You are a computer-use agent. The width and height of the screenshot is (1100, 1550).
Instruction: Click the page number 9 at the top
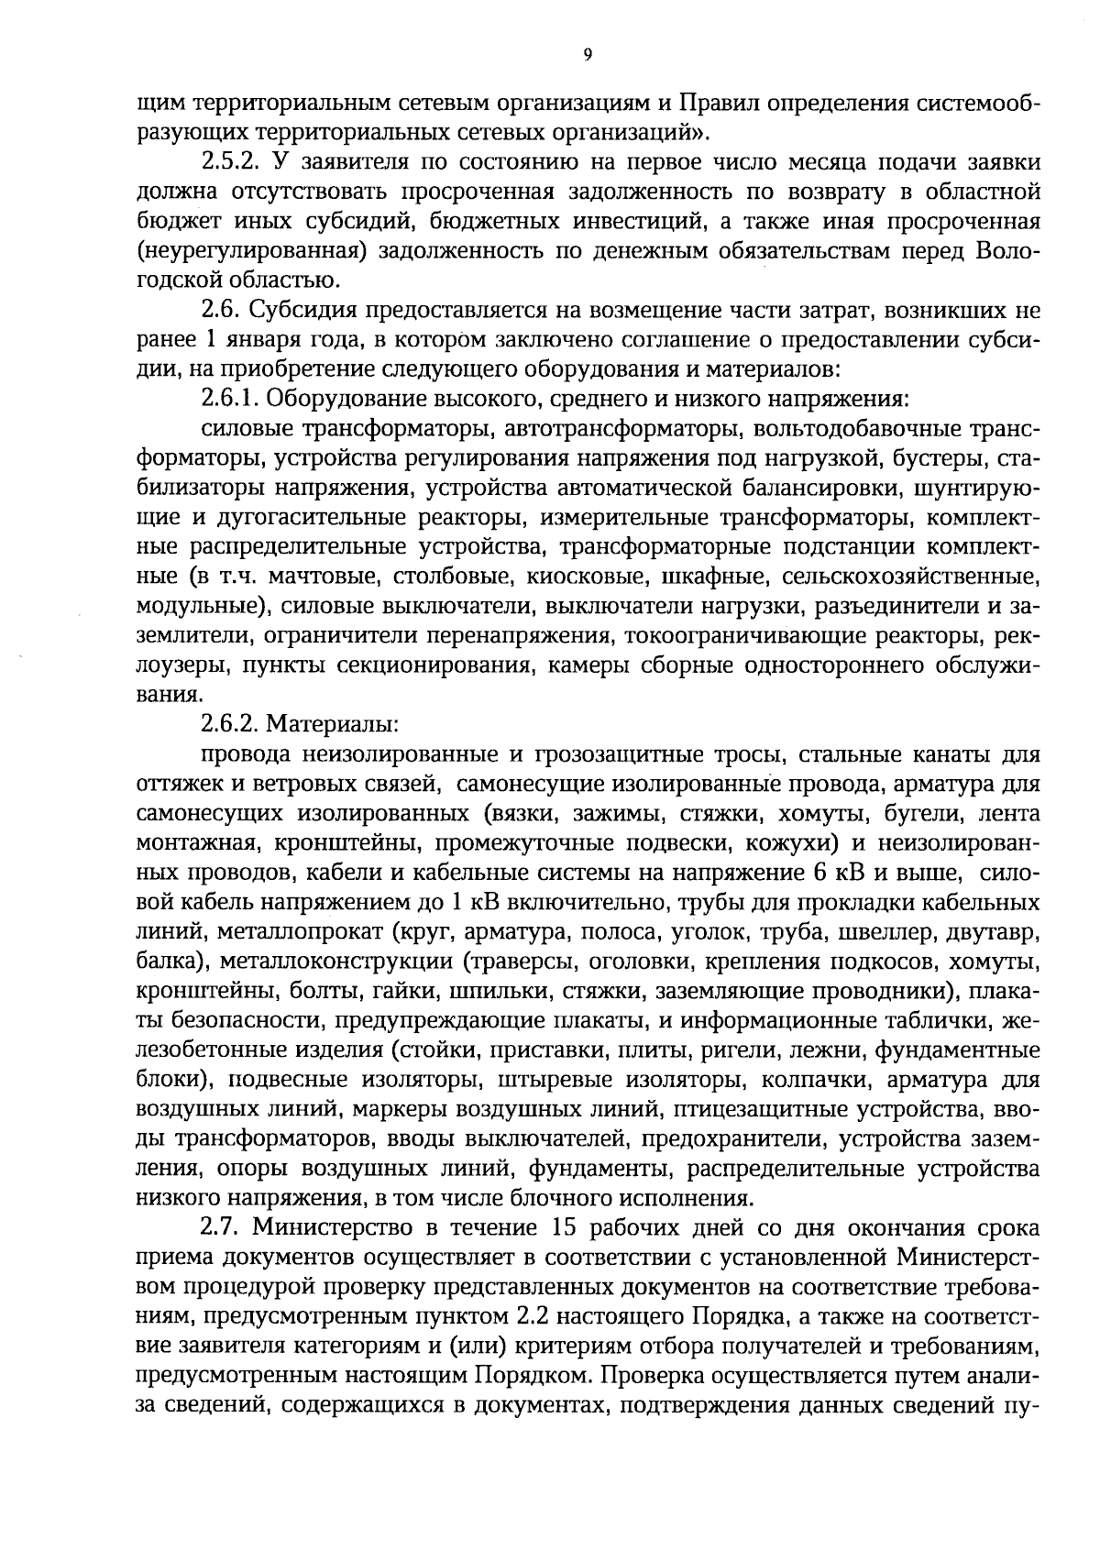588,55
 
